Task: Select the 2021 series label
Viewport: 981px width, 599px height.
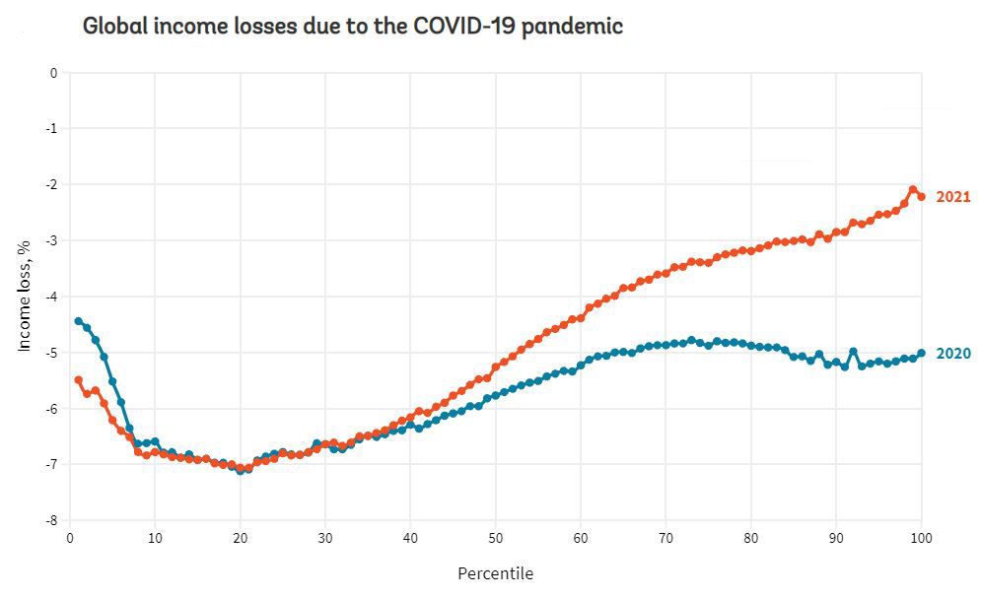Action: click(x=952, y=197)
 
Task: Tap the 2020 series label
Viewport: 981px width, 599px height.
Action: click(x=952, y=354)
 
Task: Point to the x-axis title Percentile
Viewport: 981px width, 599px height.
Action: click(x=495, y=572)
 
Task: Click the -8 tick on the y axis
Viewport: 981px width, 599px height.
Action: click(x=51, y=520)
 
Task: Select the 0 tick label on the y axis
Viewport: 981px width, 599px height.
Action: click(x=54, y=73)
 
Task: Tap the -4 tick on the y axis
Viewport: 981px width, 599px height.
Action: click(x=51, y=297)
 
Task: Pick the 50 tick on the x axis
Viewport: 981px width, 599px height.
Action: click(x=495, y=538)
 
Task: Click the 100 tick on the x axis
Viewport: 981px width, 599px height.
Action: click(x=921, y=538)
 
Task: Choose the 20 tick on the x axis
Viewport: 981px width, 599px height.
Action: click(x=240, y=538)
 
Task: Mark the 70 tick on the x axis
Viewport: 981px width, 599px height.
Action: click(x=666, y=538)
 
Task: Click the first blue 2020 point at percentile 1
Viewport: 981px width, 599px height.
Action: click(x=78, y=321)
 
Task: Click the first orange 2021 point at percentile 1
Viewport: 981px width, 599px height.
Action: click(x=78, y=379)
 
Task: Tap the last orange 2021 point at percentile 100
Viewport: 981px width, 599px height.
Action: click(x=921, y=196)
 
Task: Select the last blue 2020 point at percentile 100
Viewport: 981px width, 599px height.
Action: click(x=921, y=353)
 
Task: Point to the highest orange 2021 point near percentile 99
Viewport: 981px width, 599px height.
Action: click(x=913, y=189)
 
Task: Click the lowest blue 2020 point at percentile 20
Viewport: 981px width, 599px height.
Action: click(x=240, y=471)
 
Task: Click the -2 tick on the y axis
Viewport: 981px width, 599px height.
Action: click(x=51, y=185)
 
